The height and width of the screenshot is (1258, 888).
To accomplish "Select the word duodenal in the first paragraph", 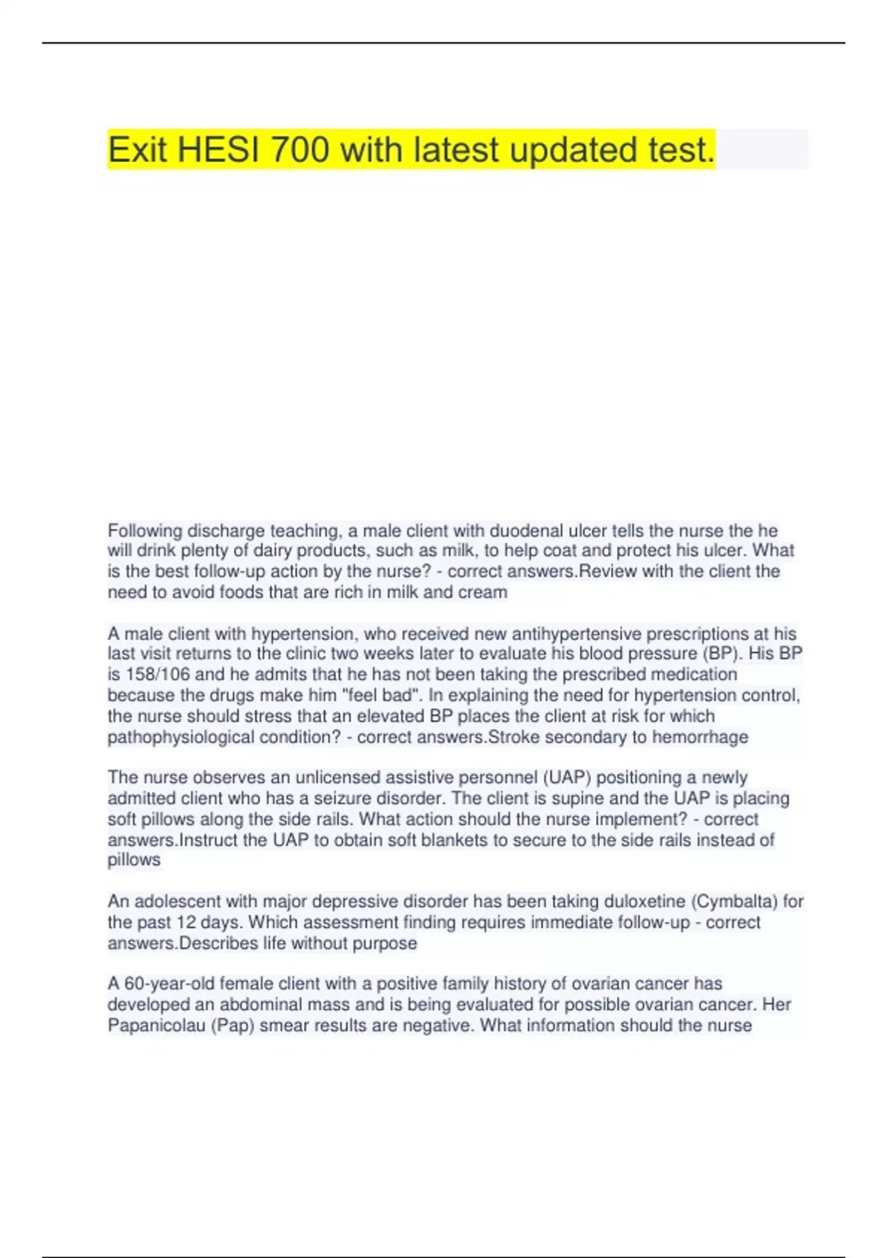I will (526, 531).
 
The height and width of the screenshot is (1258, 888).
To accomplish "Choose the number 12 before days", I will (186, 922).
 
